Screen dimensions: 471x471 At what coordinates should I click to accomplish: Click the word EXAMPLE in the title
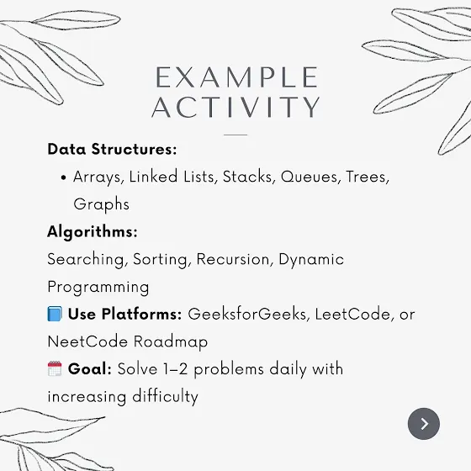pos(236,77)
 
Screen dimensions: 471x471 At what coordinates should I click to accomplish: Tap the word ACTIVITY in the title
pos(236,107)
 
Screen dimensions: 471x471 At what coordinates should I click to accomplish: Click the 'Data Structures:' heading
pos(112,149)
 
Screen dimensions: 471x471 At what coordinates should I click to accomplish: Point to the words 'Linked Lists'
pos(173,177)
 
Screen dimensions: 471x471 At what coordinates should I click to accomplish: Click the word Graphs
pos(102,204)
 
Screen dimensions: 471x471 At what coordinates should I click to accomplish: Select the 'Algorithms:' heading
pos(93,232)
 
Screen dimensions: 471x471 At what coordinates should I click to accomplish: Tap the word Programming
pos(98,288)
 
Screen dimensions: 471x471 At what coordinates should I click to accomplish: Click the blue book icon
pos(55,314)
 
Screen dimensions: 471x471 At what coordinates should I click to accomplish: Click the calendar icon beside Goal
pos(55,368)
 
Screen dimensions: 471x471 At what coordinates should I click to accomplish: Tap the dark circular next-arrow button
pos(424,424)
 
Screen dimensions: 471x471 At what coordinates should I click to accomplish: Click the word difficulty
pos(165,396)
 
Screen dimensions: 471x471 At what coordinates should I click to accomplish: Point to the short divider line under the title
pos(235,135)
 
